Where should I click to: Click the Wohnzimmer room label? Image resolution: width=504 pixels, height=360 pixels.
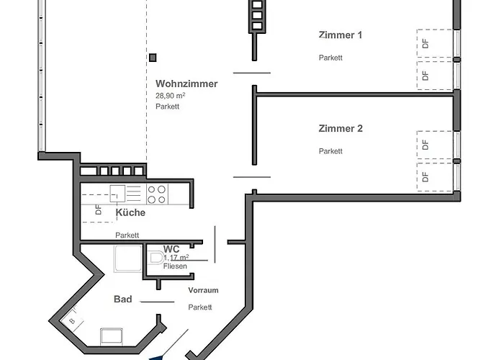pos(186,84)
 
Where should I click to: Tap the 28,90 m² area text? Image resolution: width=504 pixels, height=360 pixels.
pos(170,95)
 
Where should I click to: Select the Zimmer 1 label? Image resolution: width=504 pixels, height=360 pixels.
pos(341,35)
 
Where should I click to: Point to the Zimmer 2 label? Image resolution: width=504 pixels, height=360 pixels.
pos(341,129)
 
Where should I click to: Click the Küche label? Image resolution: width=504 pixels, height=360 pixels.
pos(130,212)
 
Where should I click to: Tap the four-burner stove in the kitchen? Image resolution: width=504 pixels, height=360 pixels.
pos(157,194)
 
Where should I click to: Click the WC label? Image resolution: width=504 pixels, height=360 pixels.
pos(171,248)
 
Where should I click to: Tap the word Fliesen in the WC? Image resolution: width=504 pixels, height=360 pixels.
pos(175,266)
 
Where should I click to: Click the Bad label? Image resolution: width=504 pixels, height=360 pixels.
pos(122,299)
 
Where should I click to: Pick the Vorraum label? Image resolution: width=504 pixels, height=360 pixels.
pos(203,290)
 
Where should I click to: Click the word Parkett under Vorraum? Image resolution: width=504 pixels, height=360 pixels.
pos(200,307)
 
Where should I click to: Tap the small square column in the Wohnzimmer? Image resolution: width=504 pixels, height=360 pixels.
pos(153,58)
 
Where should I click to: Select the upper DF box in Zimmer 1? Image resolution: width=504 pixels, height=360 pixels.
pos(426,42)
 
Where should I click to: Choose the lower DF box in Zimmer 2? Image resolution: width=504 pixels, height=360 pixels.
pos(426,176)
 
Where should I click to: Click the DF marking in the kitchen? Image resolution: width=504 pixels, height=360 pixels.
pos(98,211)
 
